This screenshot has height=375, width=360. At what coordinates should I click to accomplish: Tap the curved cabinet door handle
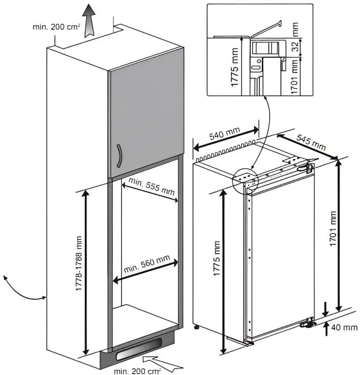pos(121,157)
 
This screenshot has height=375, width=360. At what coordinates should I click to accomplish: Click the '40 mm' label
pos(344,327)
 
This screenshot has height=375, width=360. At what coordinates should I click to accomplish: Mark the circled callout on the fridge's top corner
pos(245,179)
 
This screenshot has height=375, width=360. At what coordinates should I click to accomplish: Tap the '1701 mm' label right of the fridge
pos(334,230)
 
